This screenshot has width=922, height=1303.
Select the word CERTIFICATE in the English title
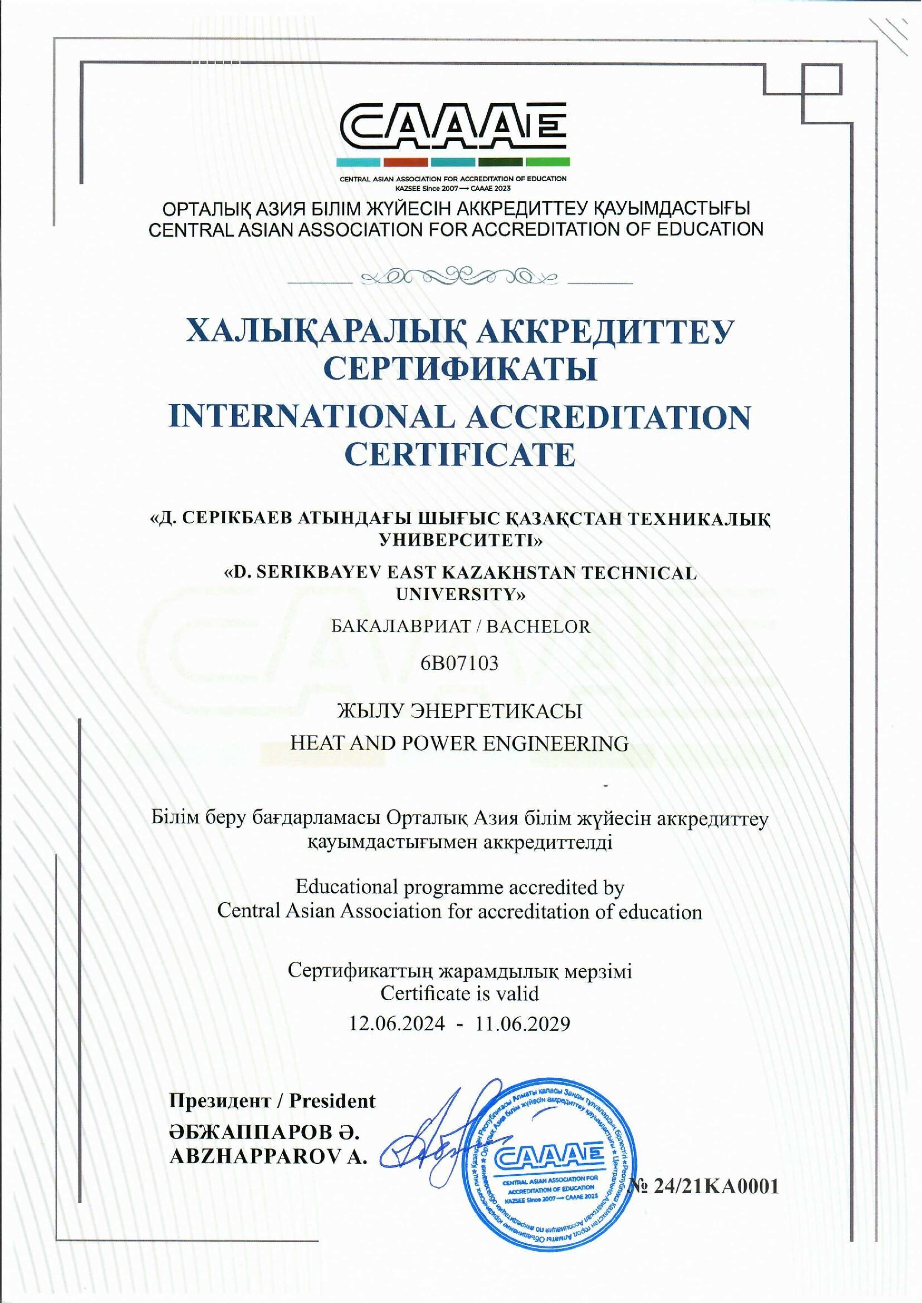click(460, 454)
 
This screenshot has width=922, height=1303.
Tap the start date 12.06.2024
click(397, 1007)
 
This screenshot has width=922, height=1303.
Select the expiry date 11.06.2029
click(523, 1007)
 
